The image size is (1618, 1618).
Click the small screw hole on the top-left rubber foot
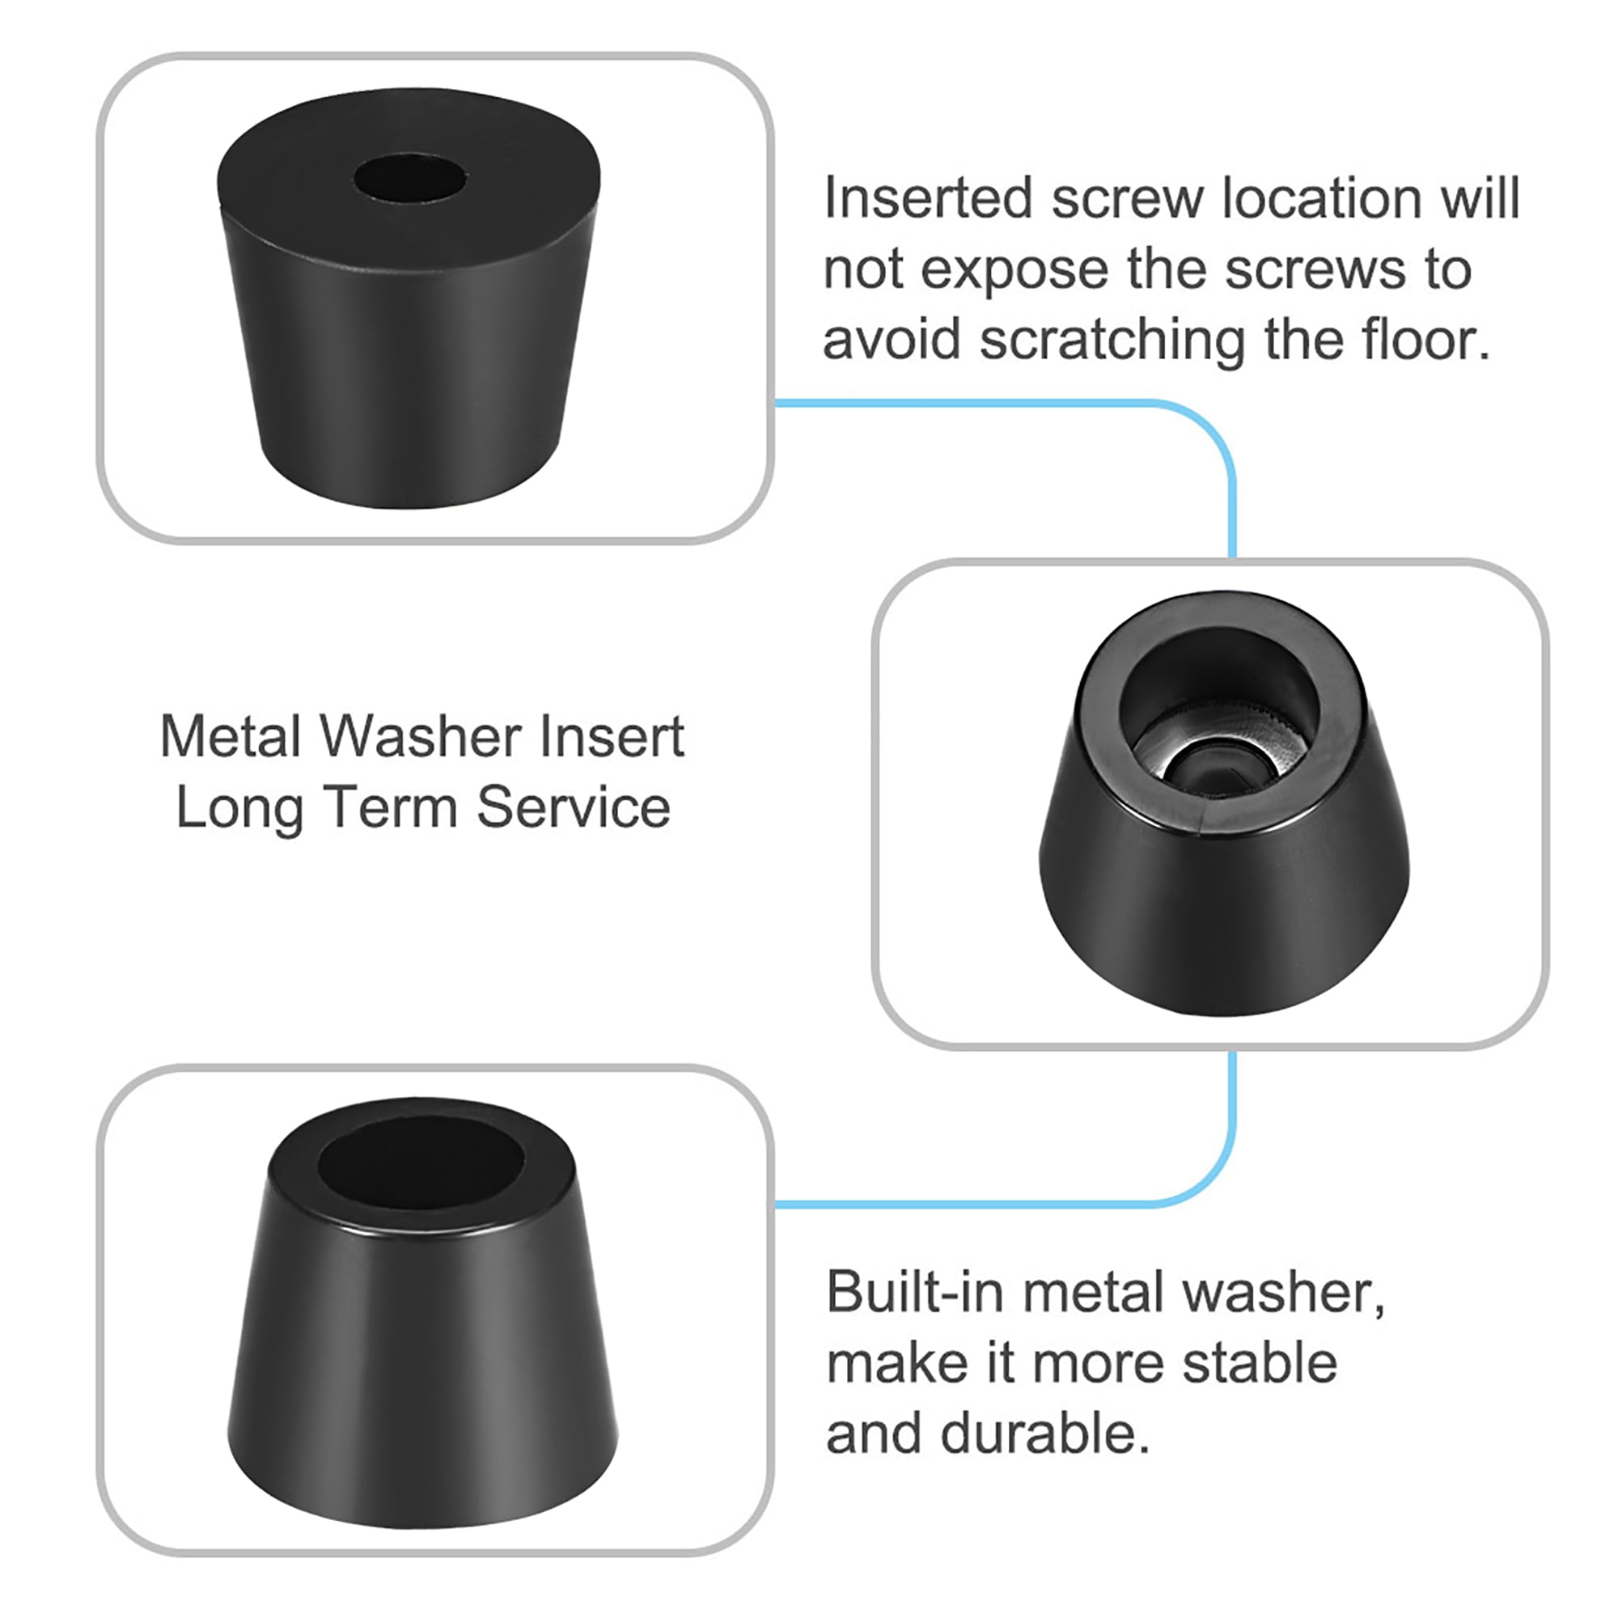410,180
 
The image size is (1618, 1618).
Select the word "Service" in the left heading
574,808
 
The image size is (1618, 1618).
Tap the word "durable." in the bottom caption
1045,1434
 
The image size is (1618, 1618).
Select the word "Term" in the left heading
392,808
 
